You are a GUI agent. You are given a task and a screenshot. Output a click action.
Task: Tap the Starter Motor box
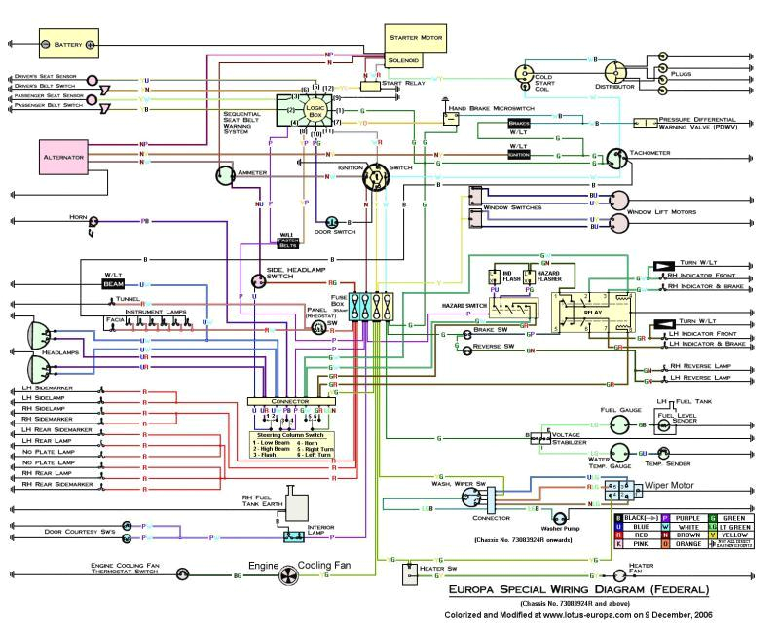(417, 37)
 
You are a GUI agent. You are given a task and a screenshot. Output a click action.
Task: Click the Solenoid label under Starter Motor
(404, 60)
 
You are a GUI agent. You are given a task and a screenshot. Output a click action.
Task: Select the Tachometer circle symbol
(615, 158)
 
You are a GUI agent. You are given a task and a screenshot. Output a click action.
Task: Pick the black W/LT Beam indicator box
(115, 283)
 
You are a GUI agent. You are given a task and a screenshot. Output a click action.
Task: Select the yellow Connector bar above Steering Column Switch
(289, 400)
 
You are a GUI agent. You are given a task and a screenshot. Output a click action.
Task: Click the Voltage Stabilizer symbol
(537, 440)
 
